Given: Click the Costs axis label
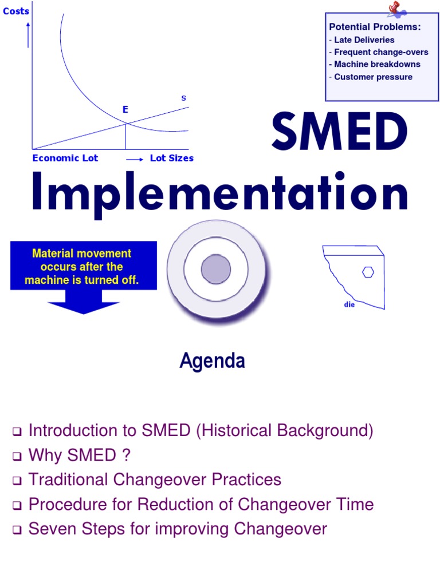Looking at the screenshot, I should pyautogui.click(x=16, y=11).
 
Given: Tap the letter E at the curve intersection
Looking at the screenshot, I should pyautogui.click(x=125, y=110).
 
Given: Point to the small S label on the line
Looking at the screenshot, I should pyautogui.click(x=183, y=98).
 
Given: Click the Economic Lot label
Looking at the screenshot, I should pyautogui.click(x=65, y=158).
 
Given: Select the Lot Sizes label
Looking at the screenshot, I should pyautogui.click(x=171, y=158).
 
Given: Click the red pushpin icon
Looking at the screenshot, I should pyautogui.click(x=396, y=9).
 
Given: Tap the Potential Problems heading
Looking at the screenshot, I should pyautogui.click(x=375, y=27).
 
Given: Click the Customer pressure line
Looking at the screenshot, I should pyautogui.click(x=372, y=77).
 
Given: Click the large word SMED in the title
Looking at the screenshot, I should pyautogui.click(x=339, y=132).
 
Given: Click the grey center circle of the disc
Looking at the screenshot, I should pyautogui.click(x=216, y=269).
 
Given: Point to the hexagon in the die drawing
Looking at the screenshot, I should pyautogui.click(x=368, y=272).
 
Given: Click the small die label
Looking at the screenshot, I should pyautogui.click(x=349, y=304).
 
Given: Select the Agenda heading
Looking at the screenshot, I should pyautogui.click(x=213, y=361).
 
